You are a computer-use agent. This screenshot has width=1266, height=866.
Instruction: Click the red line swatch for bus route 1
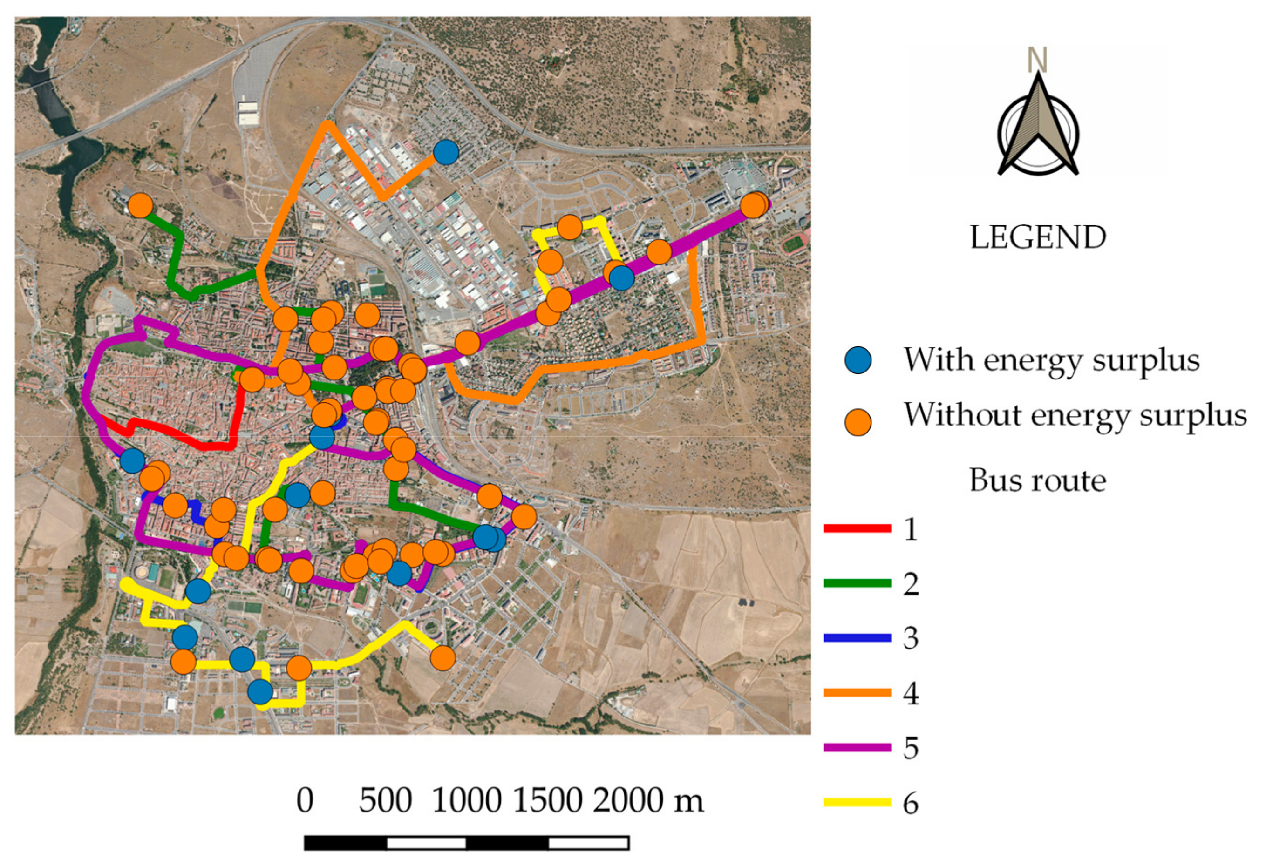pyautogui.click(x=857, y=528)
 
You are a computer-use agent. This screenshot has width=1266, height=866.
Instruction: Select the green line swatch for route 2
pyautogui.click(x=857, y=583)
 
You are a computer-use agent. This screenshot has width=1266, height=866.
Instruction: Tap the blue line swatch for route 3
pyautogui.click(x=857, y=638)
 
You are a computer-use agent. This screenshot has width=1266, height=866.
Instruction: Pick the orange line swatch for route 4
pyautogui.click(x=857, y=693)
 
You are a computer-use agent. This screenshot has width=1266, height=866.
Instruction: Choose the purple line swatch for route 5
pyautogui.click(x=857, y=747)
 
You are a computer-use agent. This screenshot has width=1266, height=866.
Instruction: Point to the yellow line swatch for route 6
pyautogui.click(x=857, y=802)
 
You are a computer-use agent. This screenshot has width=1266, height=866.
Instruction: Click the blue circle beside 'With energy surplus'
pyautogui.click(x=858, y=360)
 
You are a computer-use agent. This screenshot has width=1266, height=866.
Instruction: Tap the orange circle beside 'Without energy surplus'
pyautogui.click(x=858, y=422)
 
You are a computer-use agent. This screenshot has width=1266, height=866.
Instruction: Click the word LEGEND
pyautogui.click(x=1038, y=237)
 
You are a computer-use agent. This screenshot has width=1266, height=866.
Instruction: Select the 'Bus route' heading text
pyautogui.click(x=1037, y=480)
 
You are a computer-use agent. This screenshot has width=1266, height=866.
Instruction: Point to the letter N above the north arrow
pyautogui.click(x=1037, y=60)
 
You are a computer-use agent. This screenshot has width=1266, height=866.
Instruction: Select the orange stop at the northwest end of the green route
pyautogui.click(x=141, y=206)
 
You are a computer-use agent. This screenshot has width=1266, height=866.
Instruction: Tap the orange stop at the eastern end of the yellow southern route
pyautogui.click(x=443, y=658)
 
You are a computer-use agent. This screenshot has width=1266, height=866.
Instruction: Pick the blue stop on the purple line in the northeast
pyautogui.click(x=621, y=278)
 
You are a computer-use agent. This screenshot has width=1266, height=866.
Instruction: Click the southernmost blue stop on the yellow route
pyautogui.click(x=260, y=692)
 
